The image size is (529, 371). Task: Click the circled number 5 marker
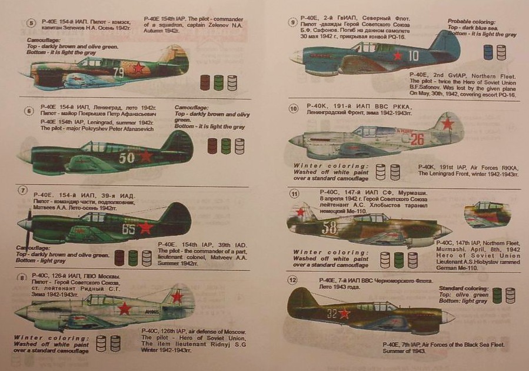pos(32,23)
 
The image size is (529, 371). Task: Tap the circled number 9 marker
pos(292,22)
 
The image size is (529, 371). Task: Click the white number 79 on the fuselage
pos(119,72)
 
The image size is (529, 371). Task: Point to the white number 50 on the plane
pos(127,157)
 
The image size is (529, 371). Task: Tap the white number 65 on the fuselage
pos(128,229)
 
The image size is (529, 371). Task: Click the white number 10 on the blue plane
pos(414,56)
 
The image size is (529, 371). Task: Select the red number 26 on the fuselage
pos(417,139)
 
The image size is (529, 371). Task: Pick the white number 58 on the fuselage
pos(330,228)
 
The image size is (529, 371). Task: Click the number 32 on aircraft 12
pos(332,313)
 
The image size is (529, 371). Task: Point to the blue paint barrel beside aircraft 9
pos(488,52)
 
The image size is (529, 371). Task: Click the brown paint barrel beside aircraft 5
pos(205,82)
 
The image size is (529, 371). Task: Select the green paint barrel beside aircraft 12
pos(497,295)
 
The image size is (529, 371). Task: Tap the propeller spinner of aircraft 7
pos(24,224)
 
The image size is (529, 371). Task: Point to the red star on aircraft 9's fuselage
pos(397,56)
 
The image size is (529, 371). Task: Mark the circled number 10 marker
pos(293,108)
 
